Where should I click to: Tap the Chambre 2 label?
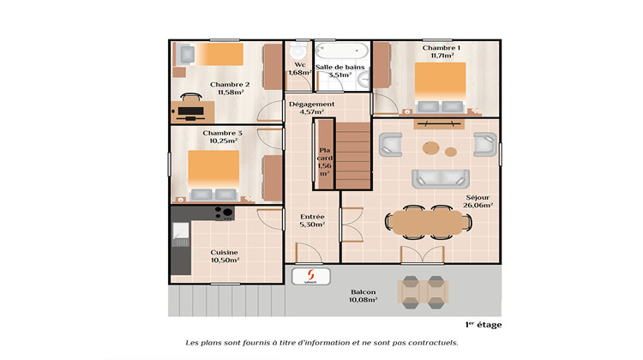pyautogui.click(x=229, y=88)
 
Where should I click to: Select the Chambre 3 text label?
pyautogui.click(x=222, y=137)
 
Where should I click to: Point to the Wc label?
pyautogui.click(x=299, y=69)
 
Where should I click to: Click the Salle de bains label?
pyautogui.click(x=341, y=70)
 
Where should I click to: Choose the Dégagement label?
pyautogui.click(x=310, y=108)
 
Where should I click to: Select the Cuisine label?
pyautogui.click(x=225, y=255)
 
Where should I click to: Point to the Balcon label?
pyautogui.click(x=363, y=296)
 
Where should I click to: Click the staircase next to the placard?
pyautogui.click(x=353, y=154)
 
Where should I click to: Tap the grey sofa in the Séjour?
pyautogui.click(x=440, y=178)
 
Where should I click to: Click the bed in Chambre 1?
pyautogui.click(x=441, y=86)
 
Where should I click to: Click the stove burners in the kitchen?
pyautogui.click(x=224, y=213)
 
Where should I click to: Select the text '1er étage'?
pyautogui.click(x=484, y=324)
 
